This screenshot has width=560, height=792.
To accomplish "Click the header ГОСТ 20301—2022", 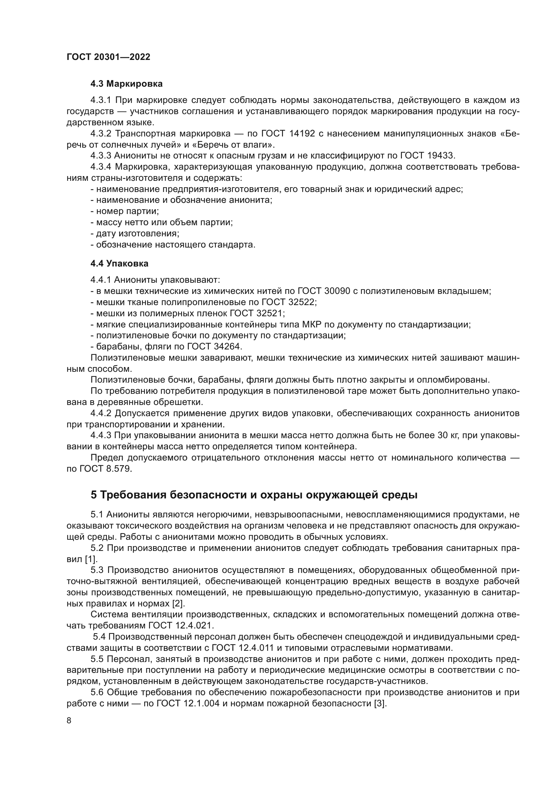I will click(108, 57).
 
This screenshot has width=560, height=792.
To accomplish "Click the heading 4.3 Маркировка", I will click(126, 84).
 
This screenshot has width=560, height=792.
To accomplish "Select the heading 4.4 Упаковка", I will click(119, 263).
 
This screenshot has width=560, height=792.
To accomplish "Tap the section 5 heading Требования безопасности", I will click(254, 495).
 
